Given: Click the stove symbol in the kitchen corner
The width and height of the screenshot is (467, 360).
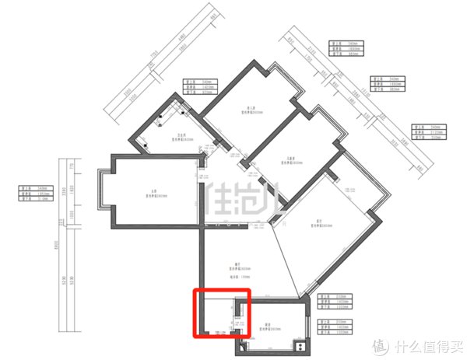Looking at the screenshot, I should [297, 345].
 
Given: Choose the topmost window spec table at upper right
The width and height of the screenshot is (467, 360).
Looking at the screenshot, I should [342, 49].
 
